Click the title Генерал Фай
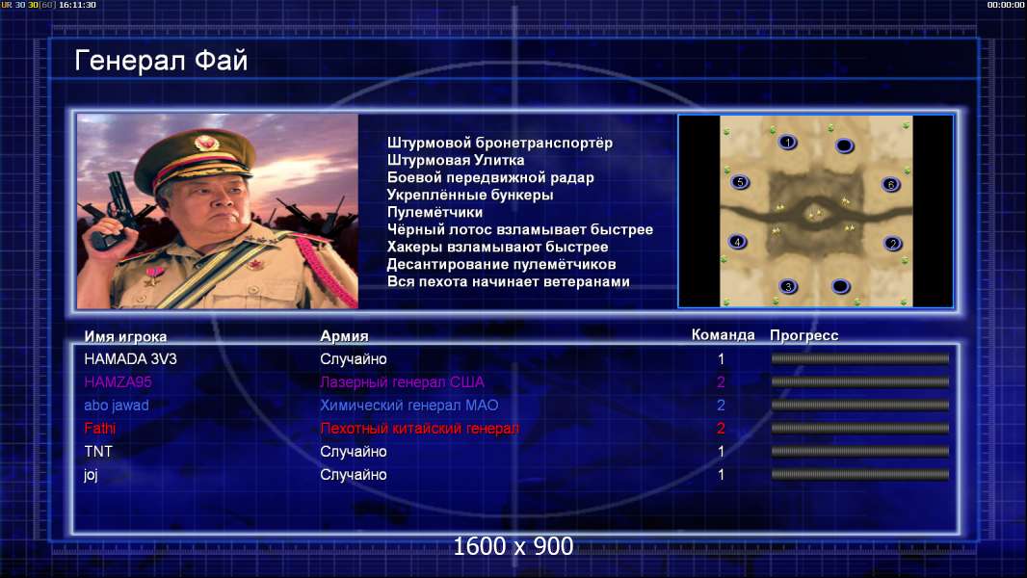coord(161,61)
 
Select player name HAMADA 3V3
coord(130,358)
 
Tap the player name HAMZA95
coord(118,381)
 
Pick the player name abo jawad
coord(117,406)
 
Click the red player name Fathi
coord(99,428)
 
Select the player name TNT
coord(98,451)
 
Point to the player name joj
coord(91,475)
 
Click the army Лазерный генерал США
coord(402,381)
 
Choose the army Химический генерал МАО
coord(409,406)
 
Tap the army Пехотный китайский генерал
coord(419,428)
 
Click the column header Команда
coord(724,335)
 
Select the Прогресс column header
coord(804,336)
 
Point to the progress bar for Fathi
coord(860,428)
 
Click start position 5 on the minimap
coord(740,182)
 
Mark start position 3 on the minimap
coord(788,286)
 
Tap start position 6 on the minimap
coord(891,185)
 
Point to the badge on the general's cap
coord(206,142)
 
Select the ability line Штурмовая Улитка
coord(456,160)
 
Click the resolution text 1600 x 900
coord(513,546)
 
